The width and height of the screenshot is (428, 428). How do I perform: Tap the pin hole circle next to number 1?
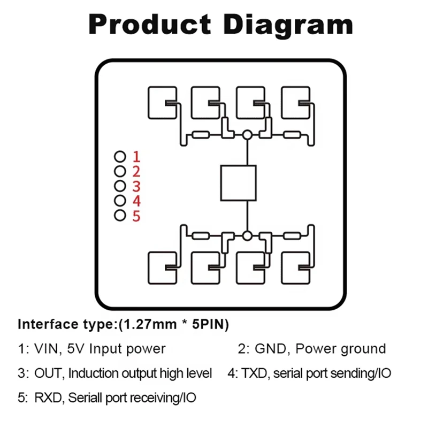pyautogui.click(x=120, y=157)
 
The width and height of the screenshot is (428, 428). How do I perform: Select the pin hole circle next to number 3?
pyautogui.click(x=120, y=186)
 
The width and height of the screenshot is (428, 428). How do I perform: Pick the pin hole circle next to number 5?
pyautogui.click(x=120, y=216)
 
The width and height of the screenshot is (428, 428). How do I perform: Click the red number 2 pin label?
pyautogui.click(x=136, y=172)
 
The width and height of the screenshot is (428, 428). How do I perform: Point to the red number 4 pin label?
pyautogui.click(x=136, y=201)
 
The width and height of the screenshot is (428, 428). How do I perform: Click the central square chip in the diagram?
pyautogui.click(x=238, y=183)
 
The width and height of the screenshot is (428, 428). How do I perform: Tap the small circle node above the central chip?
pyautogui.click(x=247, y=135)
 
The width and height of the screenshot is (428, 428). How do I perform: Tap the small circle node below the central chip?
pyautogui.click(x=247, y=235)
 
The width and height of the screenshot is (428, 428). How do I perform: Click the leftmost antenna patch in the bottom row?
pyautogui.click(x=161, y=268)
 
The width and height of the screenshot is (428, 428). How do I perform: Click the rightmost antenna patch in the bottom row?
pyautogui.click(x=296, y=268)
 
